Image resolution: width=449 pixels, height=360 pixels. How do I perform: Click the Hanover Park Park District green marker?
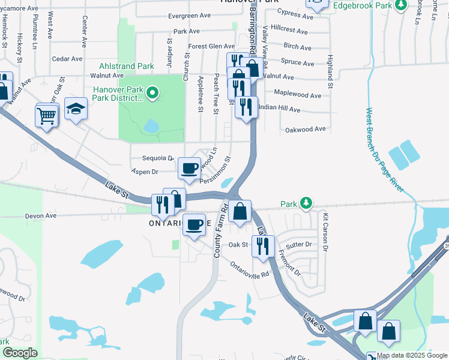(x=152, y=93)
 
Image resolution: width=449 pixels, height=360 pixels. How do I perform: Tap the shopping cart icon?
(x=47, y=115)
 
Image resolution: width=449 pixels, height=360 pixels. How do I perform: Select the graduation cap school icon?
(x=76, y=108)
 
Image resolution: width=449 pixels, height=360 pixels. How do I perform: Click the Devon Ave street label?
(x=40, y=215)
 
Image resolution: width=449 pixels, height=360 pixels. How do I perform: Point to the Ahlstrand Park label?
(x=127, y=66)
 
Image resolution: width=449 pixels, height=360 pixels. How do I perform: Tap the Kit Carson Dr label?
(x=325, y=232)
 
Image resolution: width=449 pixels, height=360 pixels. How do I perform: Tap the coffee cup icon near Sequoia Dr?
(x=190, y=167)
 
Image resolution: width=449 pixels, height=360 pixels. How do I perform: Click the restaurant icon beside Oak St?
(x=262, y=245)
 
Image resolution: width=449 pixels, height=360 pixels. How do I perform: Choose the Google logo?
(x=20, y=353)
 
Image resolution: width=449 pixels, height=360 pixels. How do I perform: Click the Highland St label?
(x=330, y=68)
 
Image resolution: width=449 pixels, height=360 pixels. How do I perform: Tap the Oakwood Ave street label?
(x=305, y=129)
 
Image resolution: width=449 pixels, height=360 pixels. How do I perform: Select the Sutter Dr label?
(x=299, y=245)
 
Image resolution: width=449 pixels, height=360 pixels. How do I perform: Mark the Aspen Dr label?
(x=145, y=172)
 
